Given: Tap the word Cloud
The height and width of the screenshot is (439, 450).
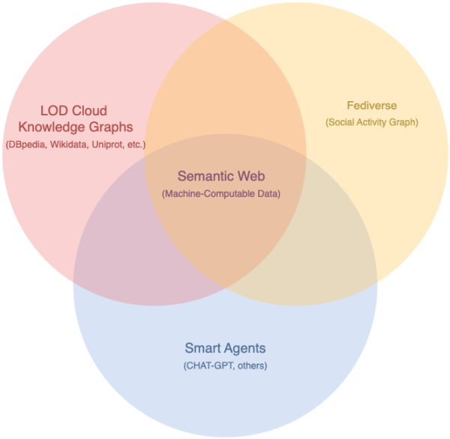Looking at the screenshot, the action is pos(89,111).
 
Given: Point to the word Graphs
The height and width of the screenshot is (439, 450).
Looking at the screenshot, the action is pos(111,127).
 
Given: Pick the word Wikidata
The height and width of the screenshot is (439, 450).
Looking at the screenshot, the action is pos(69,145).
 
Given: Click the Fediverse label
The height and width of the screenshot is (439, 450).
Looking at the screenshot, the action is pos(372,106).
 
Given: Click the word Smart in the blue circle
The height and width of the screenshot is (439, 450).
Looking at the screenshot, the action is pos(202,348).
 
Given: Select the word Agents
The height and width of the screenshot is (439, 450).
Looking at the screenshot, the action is pos(245,348).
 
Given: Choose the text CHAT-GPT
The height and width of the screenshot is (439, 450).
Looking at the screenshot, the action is pos(209,366).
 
